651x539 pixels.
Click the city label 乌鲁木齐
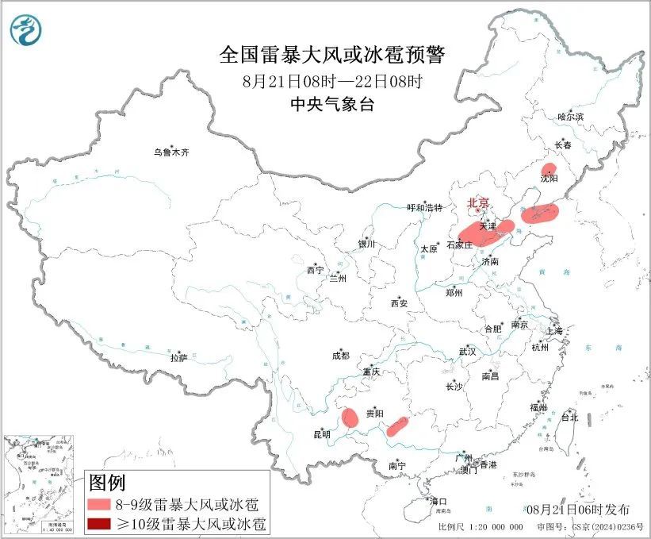point(172,152)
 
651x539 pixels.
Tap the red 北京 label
point(479,202)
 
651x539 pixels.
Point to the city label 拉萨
point(178,358)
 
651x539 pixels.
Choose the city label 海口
point(438,501)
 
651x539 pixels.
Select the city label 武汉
point(467,351)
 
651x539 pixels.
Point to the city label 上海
point(554,330)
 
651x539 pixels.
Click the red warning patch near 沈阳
point(548,170)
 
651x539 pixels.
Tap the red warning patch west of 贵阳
point(347,418)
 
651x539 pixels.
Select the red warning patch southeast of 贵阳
point(397,426)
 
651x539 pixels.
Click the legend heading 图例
point(107,482)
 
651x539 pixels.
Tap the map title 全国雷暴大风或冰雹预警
point(332,56)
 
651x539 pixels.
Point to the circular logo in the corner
point(26,30)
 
